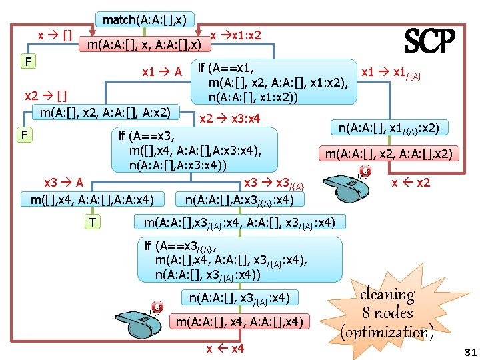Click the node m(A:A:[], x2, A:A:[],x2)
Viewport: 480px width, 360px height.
pyautogui.click(x=389, y=154)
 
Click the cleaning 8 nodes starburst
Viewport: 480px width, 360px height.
pyautogui.click(x=387, y=313)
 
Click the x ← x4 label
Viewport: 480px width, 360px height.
pyautogui.click(x=226, y=349)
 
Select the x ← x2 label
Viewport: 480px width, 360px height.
pyautogui.click(x=411, y=182)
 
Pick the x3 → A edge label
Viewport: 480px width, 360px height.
pyautogui.click(x=63, y=183)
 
